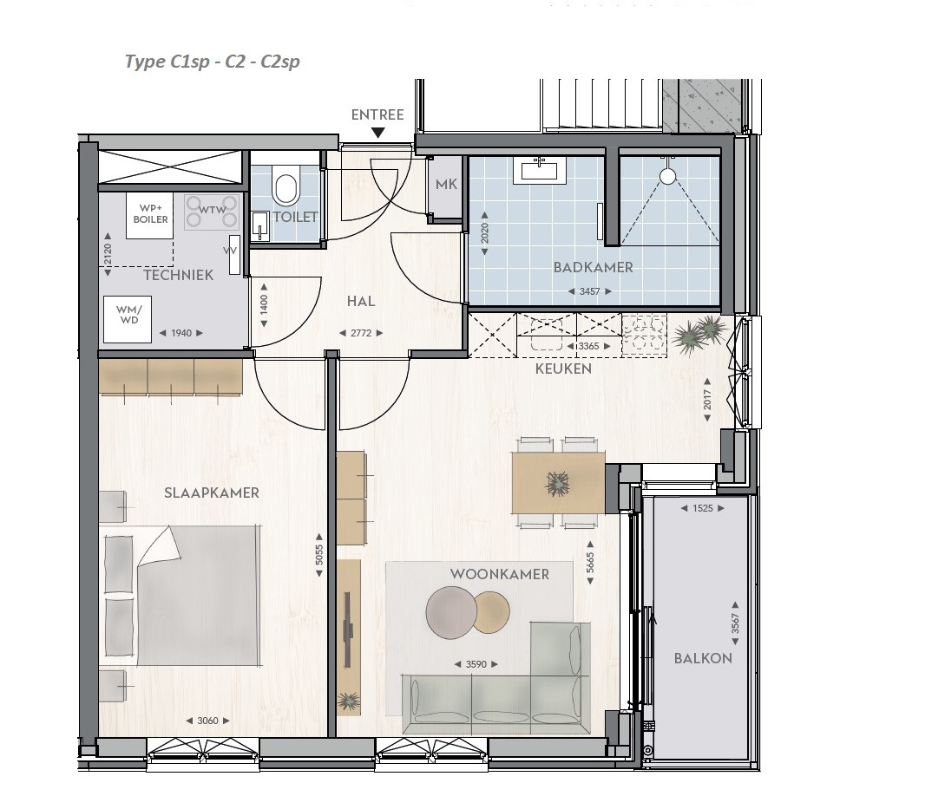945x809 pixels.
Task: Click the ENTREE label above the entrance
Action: tap(377, 114)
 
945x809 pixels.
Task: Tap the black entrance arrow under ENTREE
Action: tap(377, 133)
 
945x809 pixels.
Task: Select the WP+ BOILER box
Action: tap(150, 215)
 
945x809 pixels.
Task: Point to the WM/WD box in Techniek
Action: tap(128, 320)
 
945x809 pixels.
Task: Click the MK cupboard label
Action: tap(446, 185)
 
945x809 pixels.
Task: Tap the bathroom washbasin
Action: tap(540, 170)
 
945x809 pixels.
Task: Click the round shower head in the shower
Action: tap(668, 176)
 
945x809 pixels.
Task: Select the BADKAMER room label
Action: tap(593, 267)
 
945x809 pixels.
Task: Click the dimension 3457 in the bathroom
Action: tap(589, 291)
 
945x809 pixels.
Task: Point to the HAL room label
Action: tap(361, 301)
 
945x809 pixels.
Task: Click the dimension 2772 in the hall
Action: tap(361, 333)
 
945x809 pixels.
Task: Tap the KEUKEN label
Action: tap(563, 369)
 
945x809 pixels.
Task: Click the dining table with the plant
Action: tap(558, 483)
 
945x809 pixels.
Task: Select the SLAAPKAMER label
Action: tap(212, 493)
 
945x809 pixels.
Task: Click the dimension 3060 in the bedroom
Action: tap(207, 721)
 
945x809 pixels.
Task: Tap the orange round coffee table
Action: tap(490, 613)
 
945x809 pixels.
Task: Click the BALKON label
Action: tap(703, 658)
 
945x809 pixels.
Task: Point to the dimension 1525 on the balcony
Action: tap(703, 508)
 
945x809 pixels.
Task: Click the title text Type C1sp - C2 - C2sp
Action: tap(212, 62)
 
